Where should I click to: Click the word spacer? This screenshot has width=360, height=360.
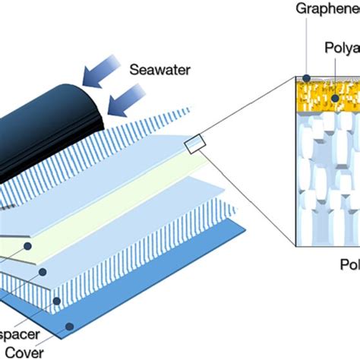coord(15,334)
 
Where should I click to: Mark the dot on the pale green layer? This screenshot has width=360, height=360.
coord(28,246)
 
